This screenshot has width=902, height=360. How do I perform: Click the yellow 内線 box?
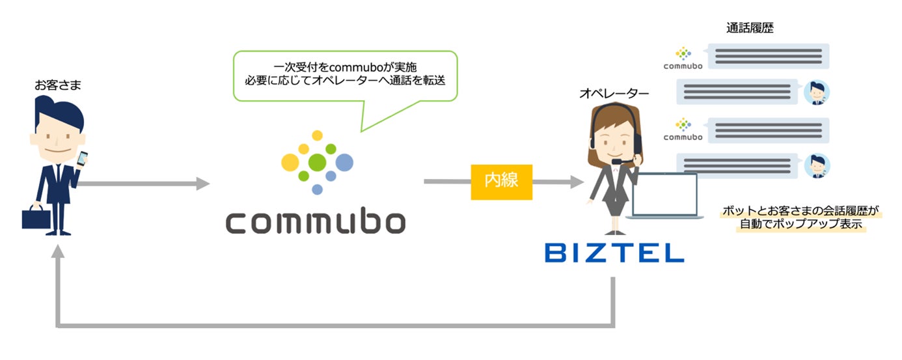point(501,182)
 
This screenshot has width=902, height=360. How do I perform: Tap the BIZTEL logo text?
point(614,253)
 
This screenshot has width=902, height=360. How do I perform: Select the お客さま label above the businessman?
point(57,85)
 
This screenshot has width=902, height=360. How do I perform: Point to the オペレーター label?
point(614,94)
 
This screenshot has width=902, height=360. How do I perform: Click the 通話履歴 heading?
point(750,28)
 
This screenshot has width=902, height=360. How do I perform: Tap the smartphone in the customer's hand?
point(82,158)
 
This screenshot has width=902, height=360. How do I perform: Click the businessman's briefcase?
point(36,217)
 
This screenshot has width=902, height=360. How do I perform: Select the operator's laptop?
point(665,196)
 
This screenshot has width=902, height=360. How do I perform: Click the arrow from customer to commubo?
point(143,184)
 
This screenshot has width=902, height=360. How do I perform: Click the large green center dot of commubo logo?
point(317,162)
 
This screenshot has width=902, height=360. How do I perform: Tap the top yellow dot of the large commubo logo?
point(318,135)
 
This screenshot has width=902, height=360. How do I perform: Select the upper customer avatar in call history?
point(817,92)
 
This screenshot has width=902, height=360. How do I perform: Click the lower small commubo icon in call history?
point(683,130)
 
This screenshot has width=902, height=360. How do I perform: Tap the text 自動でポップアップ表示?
point(801,224)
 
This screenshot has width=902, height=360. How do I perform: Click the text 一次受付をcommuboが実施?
point(345,67)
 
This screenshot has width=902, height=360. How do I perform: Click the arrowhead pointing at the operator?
point(577,182)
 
